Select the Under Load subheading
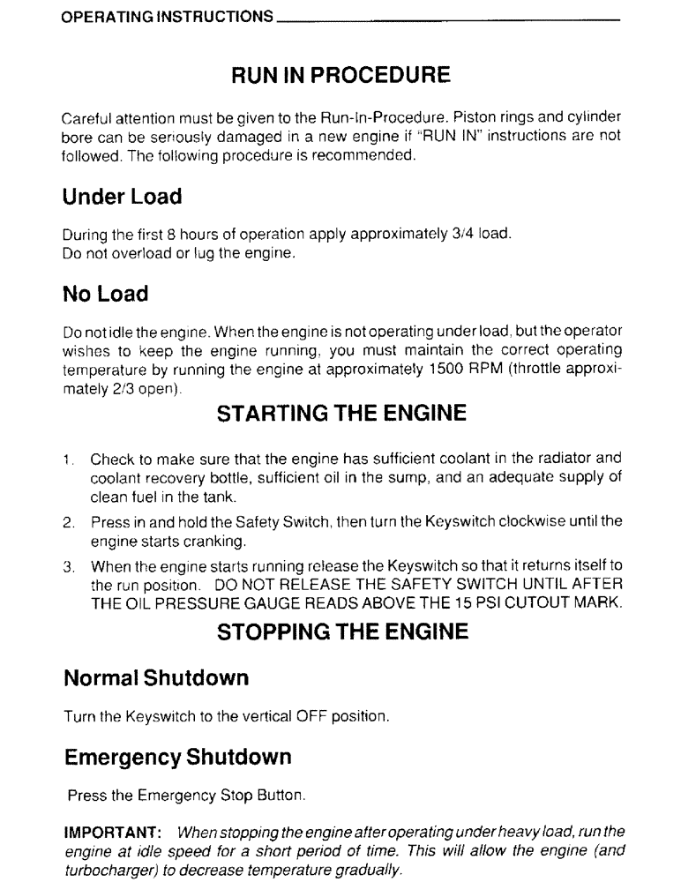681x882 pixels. click(x=122, y=197)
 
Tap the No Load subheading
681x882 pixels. click(x=105, y=293)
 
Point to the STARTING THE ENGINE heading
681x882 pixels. click(x=340, y=414)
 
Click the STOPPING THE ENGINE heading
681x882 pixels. click(x=340, y=632)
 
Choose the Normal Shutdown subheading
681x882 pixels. click(x=156, y=678)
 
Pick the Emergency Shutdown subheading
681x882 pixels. click(x=177, y=757)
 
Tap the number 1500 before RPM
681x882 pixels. click(x=439, y=371)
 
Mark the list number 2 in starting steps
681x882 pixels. click(x=67, y=523)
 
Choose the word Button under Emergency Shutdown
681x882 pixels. click(x=284, y=796)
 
